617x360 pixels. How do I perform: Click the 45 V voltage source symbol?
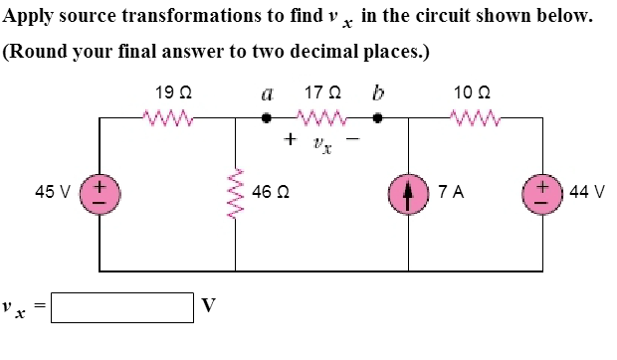tap(101, 192)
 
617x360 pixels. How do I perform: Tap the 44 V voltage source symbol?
tap(542, 192)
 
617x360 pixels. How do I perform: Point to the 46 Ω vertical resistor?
tap(236, 193)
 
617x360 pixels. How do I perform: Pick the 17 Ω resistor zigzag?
tap(321, 119)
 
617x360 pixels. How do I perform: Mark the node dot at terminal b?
tap(377, 118)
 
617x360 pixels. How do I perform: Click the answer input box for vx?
tap(122, 306)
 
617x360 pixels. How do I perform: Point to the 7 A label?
tap(449, 192)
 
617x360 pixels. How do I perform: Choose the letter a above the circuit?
tap(266, 95)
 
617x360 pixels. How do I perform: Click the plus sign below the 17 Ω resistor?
tap(289, 140)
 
